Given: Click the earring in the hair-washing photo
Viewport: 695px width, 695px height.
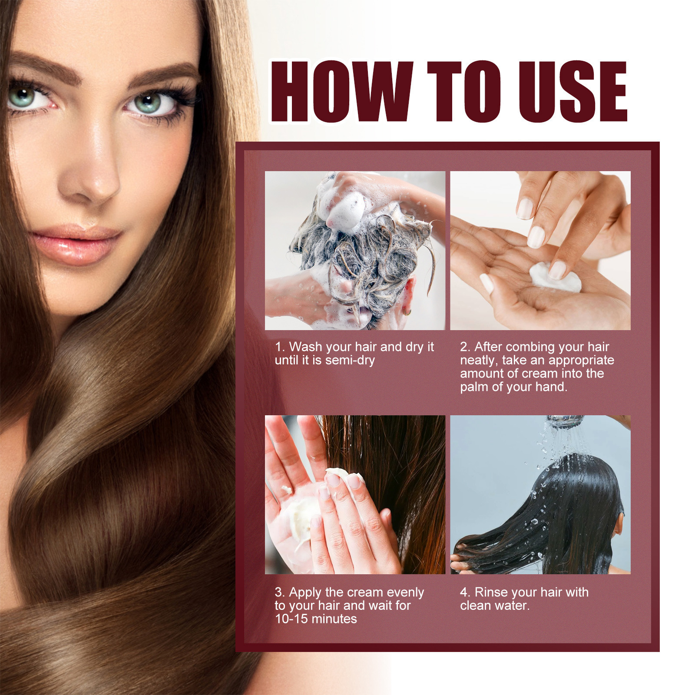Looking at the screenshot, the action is click(x=406, y=312).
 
